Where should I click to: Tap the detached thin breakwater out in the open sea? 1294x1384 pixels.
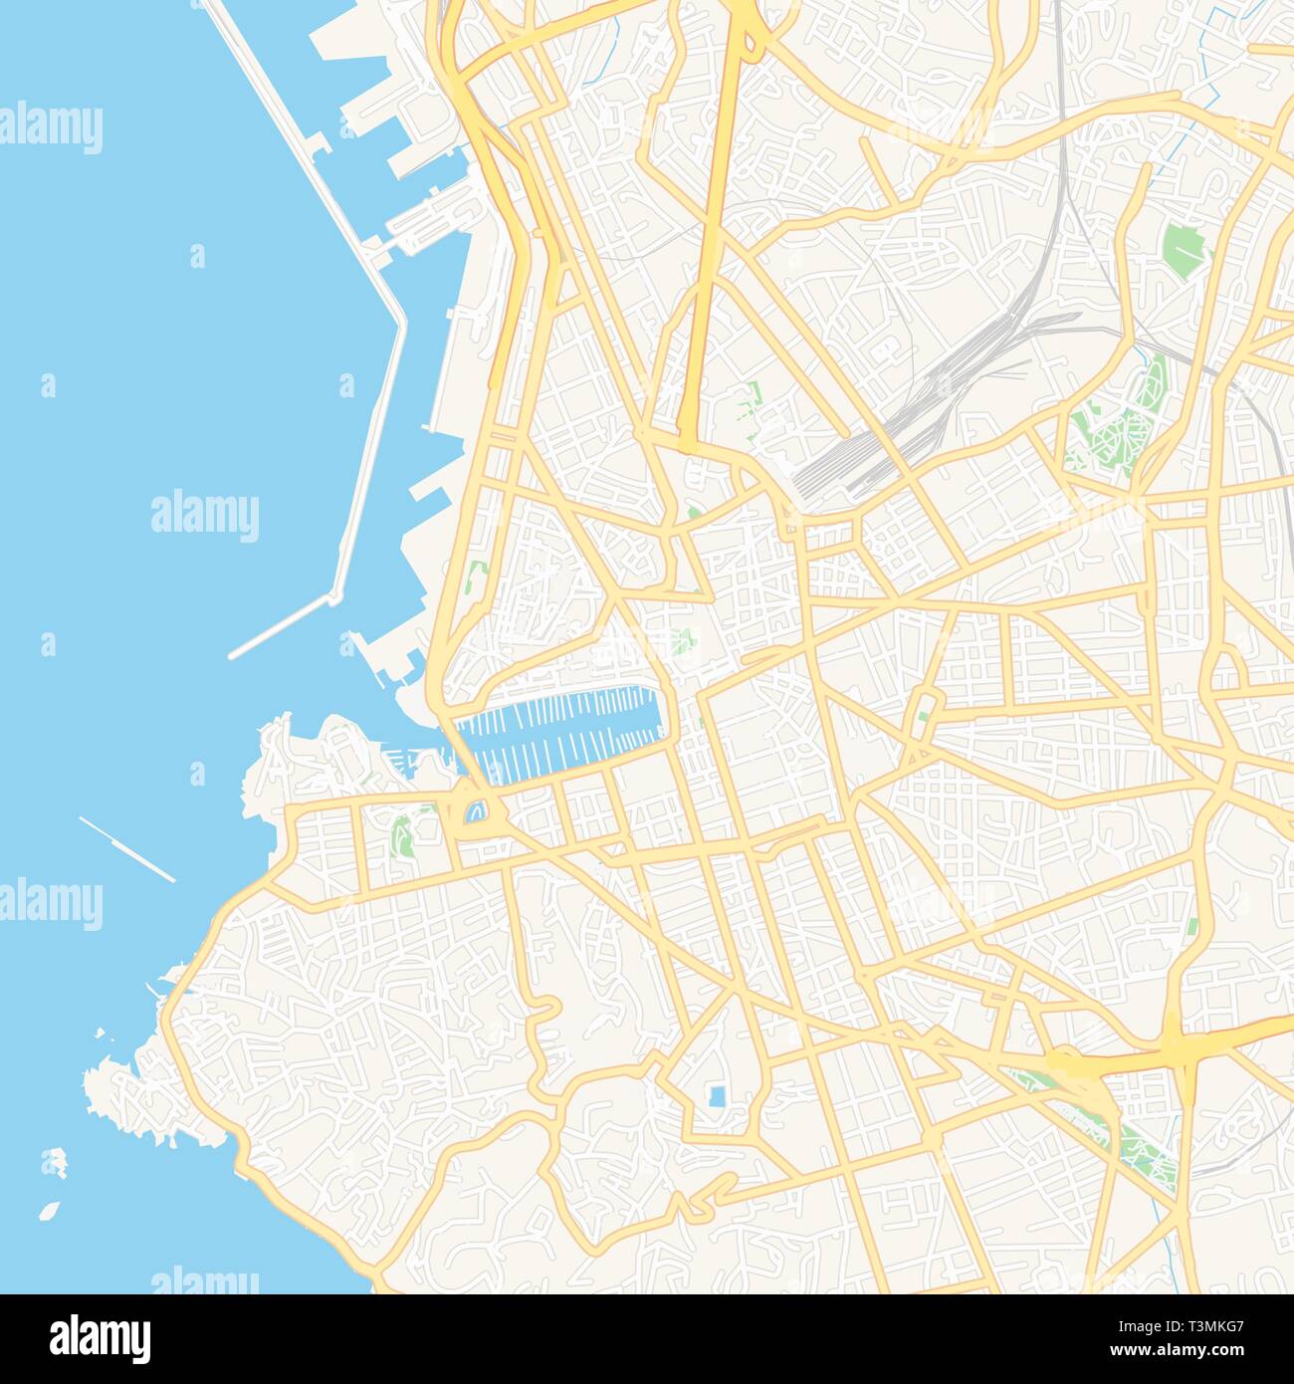126,848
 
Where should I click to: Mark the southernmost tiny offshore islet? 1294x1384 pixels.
48,1212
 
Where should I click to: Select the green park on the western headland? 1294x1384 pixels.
402,835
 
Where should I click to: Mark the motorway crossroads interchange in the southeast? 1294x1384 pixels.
1175,1045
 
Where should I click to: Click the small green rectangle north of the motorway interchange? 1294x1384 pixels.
1191,927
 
